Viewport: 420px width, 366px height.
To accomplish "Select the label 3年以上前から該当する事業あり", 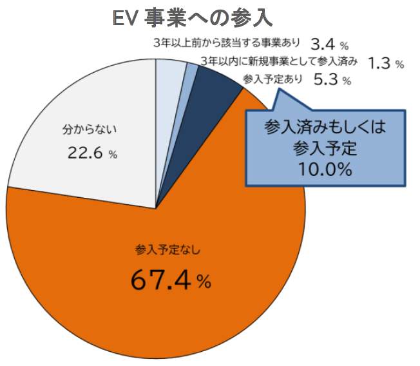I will click(228, 44).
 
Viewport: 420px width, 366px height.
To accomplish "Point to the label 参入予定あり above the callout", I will click(272, 79).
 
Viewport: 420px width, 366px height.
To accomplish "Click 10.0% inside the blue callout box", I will click(325, 170).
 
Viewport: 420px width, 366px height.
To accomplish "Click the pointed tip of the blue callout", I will click(278, 88).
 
